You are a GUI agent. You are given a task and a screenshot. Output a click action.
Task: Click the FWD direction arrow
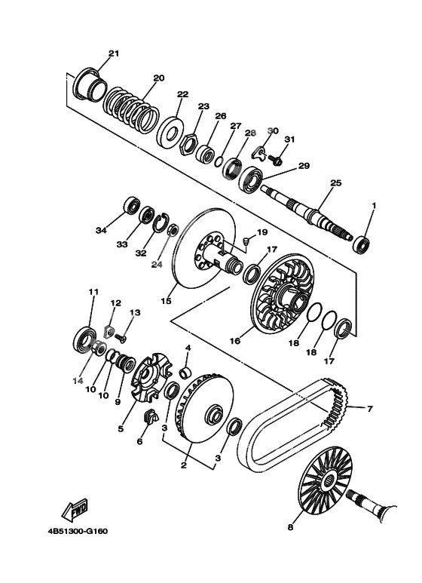tap(75, 509)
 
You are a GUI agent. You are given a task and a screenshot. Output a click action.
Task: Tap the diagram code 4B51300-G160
tap(78, 531)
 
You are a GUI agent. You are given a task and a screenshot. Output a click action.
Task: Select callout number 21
tap(114, 54)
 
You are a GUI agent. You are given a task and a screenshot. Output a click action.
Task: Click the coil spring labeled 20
tap(131, 112)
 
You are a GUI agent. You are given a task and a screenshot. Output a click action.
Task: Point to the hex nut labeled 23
tap(188, 144)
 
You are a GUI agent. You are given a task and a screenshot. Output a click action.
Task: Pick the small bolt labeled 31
tap(276, 160)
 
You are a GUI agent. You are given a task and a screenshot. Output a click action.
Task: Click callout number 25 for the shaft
tap(336, 183)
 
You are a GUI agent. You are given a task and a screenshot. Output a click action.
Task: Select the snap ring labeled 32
tap(161, 223)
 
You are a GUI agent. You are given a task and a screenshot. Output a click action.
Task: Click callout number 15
tap(166, 301)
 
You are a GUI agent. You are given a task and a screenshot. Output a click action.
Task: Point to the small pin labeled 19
tap(246, 241)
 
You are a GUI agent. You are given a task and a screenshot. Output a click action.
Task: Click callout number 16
tap(235, 341)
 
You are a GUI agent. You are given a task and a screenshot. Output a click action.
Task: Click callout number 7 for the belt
tap(369, 409)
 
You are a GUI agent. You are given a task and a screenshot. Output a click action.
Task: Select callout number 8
tap(290, 527)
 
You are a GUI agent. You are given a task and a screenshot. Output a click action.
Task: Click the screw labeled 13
tap(121, 338)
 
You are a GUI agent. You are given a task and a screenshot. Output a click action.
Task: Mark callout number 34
tap(101, 231)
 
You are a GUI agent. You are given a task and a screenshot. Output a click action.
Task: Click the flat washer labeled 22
tap(171, 133)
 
